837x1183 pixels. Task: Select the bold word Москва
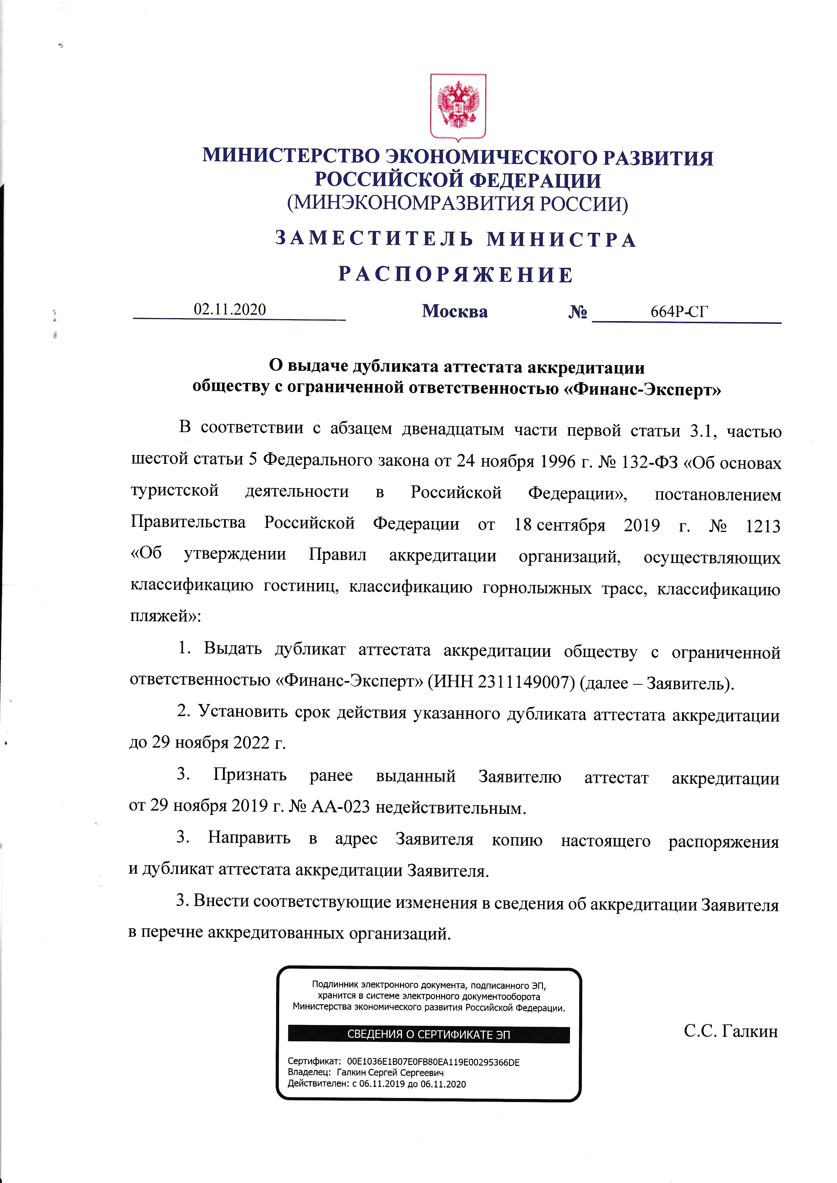pyautogui.click(x=455, y=311)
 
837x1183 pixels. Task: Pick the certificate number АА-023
pyautogui.click(x=341, y=806)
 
